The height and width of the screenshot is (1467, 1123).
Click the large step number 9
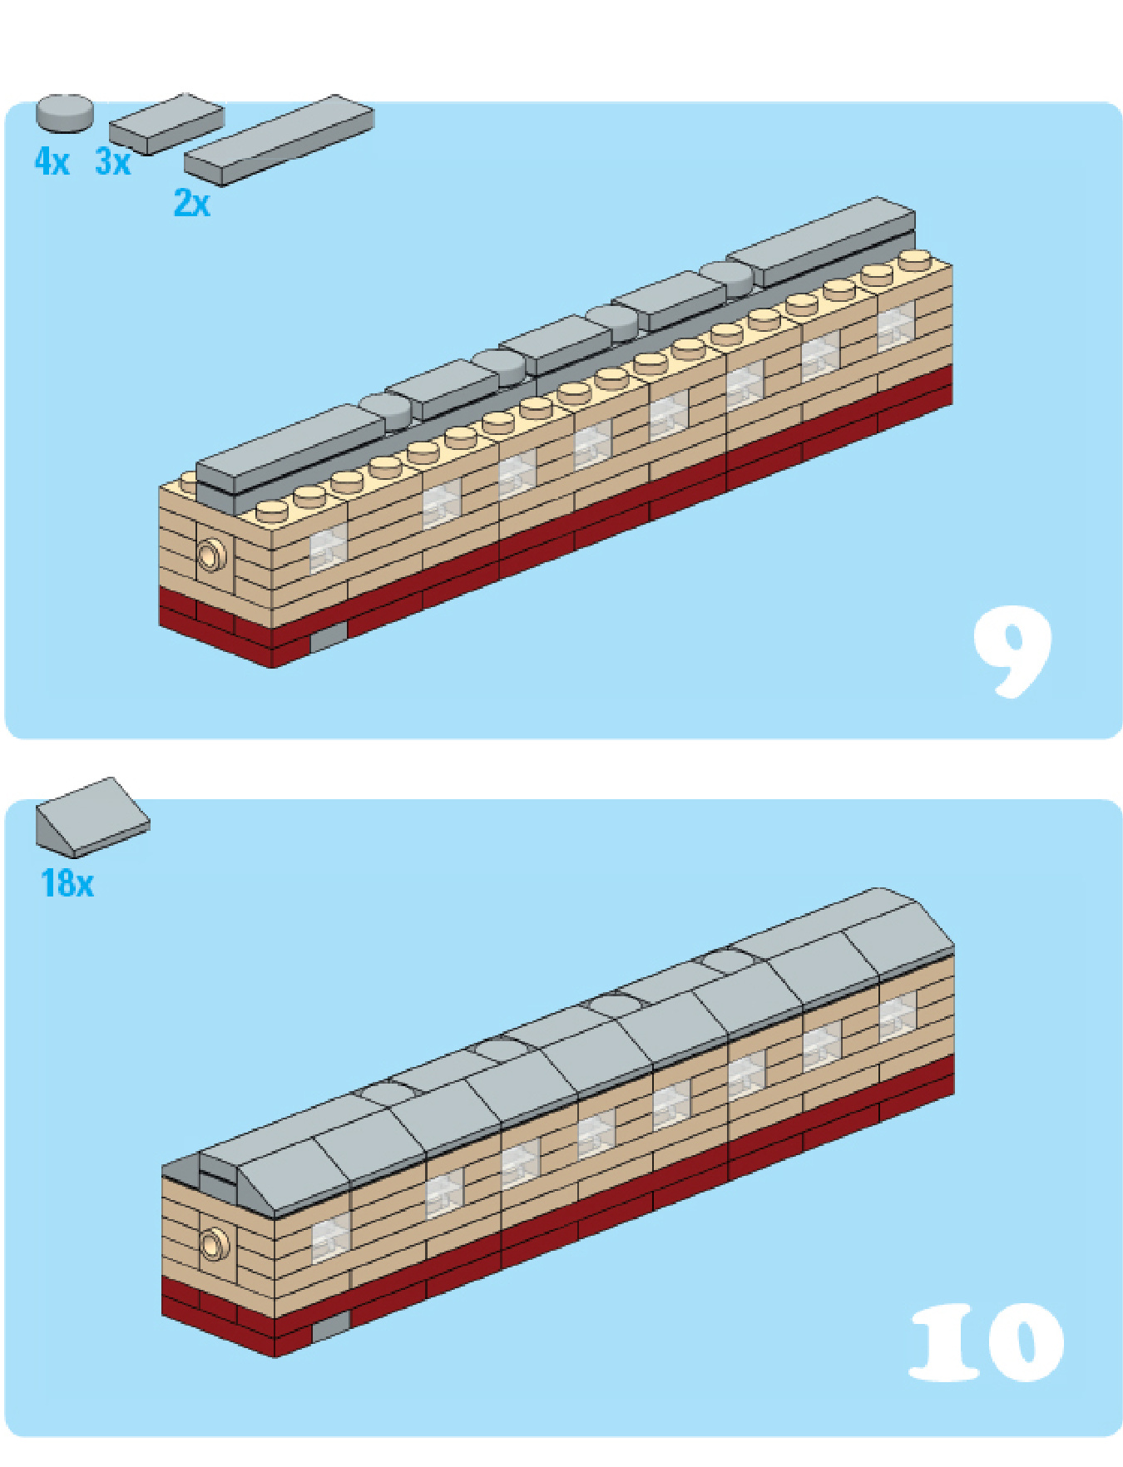[1012, 651]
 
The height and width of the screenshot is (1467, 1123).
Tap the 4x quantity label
[52, 161]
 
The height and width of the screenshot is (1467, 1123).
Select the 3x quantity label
[113, 161]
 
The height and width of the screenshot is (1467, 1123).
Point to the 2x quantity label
[191, 203]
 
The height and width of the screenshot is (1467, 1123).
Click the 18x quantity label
[67, 883]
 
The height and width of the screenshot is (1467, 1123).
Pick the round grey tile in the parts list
[65, 113]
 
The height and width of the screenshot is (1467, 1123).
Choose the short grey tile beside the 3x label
[166, 123]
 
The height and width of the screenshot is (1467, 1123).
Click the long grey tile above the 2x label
[279, 139]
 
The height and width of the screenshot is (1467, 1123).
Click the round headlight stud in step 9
[211, 554]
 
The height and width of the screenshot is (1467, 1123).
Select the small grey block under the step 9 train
[328, 638]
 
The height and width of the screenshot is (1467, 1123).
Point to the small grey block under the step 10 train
[331, 1327]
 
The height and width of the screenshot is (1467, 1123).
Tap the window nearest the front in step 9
[329, 548]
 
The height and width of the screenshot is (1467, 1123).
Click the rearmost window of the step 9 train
[896, 325]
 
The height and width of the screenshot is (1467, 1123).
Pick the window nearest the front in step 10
[331, 1237]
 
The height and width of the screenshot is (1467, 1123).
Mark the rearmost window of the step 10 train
[898, 1016]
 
